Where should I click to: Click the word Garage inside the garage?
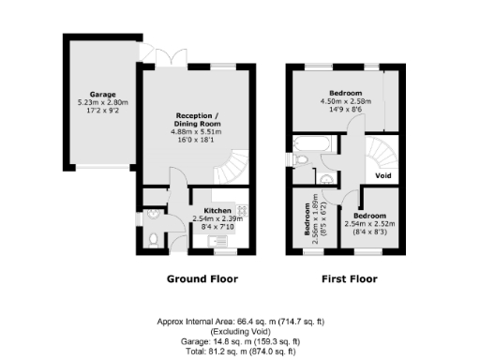click(103, 95)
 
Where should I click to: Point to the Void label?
click(382, 175)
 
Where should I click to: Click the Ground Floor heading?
click(202, 278)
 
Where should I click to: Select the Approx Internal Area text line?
click(240, 322)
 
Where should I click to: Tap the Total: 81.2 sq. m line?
click(240, 351)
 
